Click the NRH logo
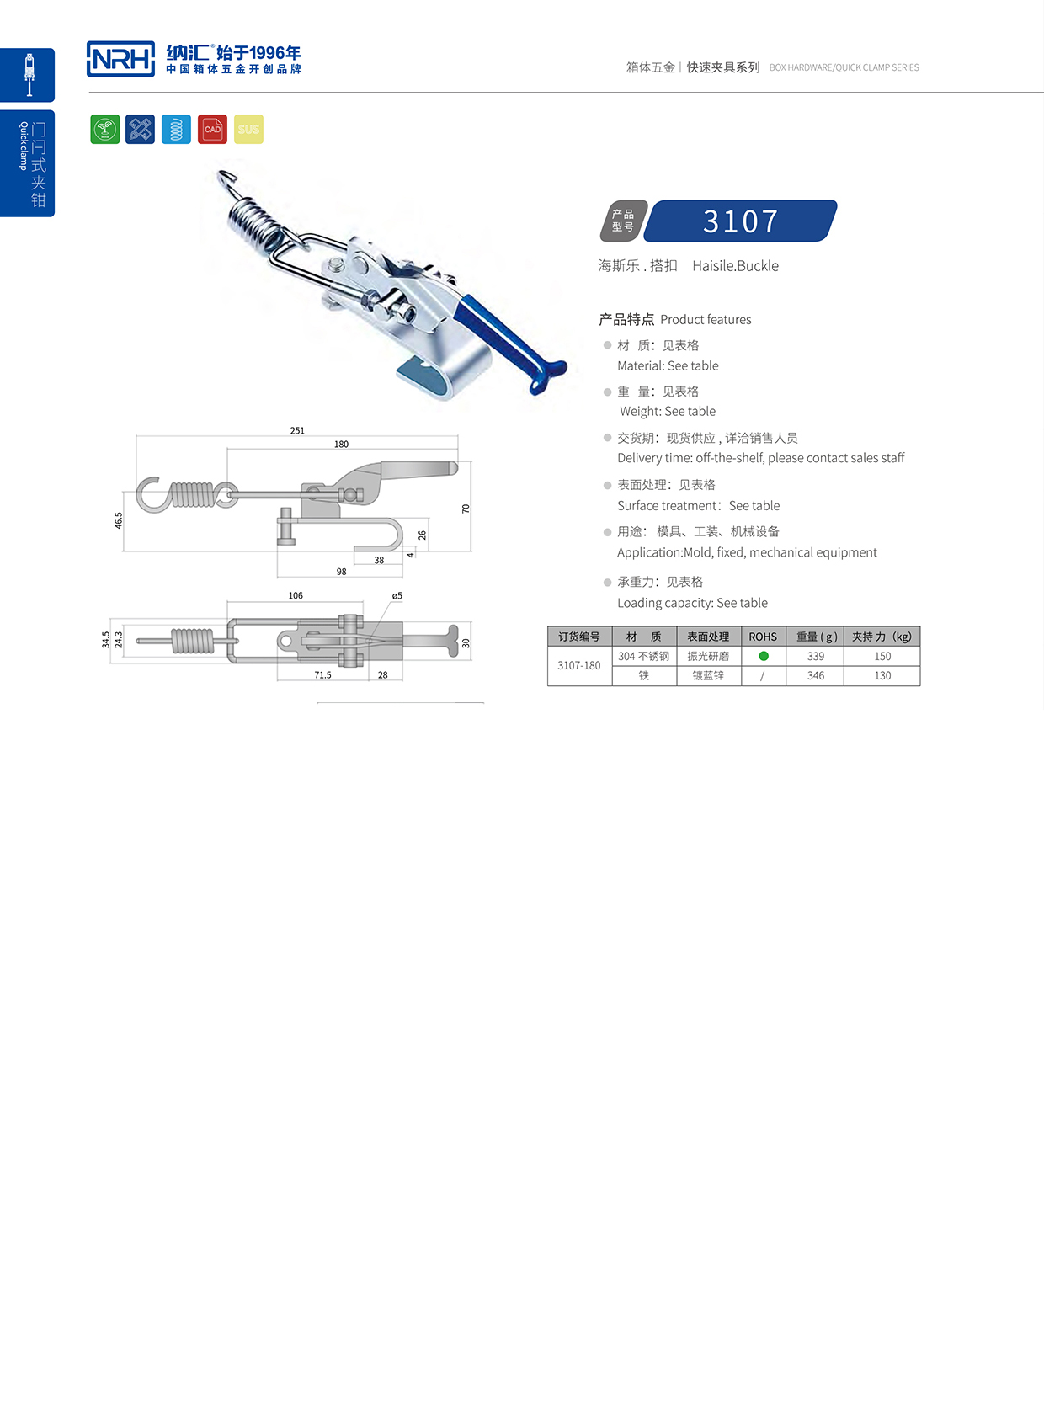coord(120,59)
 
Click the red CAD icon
coord(212,129)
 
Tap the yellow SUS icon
coord(248,129)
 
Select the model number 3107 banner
coord(742,221)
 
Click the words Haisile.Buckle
coord(735,266)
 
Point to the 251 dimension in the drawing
coord(297,430)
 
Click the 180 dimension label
coord(341,444)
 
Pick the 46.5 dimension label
coord(119,520)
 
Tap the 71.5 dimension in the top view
coord(322,675)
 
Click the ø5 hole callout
coord(397,595)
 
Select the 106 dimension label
coord(296,595)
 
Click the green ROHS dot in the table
coord(764,656)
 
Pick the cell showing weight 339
coord(815,656)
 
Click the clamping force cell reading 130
coord(882,675)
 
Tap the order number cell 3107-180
coord(579,665)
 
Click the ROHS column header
coord(763,637)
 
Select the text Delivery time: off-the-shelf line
coord(760,458)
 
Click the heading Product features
coord(706,320)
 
